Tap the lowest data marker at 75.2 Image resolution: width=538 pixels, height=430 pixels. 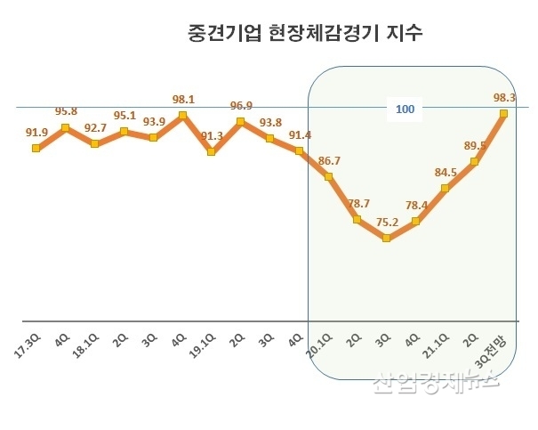pyautogui.click(x=386, y=239)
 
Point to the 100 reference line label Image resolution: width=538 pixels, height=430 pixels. pyautogui.click(x=406, y=110)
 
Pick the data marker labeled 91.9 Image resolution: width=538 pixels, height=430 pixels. pyautogui.click(x=36, y=148)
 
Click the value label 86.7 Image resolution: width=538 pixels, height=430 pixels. pyautogui.click(x=328, y=161)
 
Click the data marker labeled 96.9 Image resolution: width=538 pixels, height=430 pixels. pyautogui.click(x=240, y=122)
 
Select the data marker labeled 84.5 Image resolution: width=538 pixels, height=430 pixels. pyautogui.click(x=445, y=189)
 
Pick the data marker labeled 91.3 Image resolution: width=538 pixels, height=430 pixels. pyautogui.click(x=211, y=152)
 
